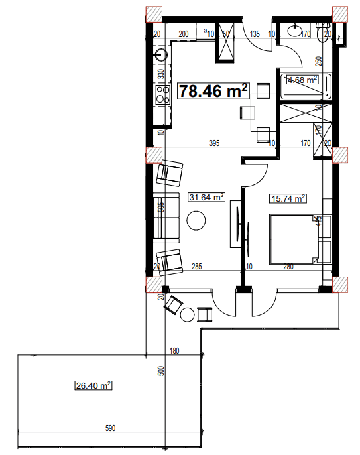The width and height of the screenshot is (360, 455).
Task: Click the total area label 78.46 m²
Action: click(x=213, y=90)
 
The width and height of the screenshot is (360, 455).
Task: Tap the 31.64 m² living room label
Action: click(x=206, y=197)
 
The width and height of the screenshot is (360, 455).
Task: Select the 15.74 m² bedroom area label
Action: click(x=288, y=198)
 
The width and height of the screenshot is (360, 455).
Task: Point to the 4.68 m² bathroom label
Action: click(x=302, y=80)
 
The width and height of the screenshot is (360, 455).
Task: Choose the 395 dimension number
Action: click(x=214, y=143)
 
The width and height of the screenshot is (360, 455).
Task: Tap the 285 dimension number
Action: click(x=197, y=267)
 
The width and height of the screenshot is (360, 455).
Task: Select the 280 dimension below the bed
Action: click(x=288, y=267)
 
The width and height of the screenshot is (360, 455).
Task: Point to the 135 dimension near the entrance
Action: click(x=255, y=33)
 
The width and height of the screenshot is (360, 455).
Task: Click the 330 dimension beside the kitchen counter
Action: click(x=161, y=73)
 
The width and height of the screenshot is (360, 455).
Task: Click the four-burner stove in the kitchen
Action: click(x=161, y=94)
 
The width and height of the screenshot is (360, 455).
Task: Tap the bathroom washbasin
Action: click(x=296, y=30)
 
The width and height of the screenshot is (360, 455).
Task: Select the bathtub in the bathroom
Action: click(x=304, y=85)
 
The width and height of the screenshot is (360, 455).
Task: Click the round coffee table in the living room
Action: click(x=196, y=220)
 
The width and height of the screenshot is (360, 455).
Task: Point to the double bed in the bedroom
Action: click(x=294, y=239)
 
